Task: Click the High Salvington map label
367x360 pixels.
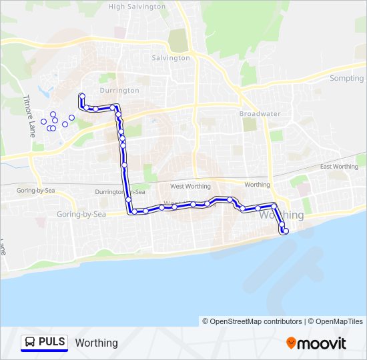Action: pos(137,7)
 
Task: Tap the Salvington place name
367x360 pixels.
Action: pos(171,58)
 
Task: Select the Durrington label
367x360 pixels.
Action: pos(119,90)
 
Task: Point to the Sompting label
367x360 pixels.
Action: pos(346,78)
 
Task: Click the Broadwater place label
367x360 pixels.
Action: pos(260,114)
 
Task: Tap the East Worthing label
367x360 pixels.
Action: pos(339,167)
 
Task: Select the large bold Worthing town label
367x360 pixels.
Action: pos(280,215)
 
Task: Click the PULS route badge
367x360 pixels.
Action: pos(45,343)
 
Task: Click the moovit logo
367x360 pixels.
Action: pos(316,343)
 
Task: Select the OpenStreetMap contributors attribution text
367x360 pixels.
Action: pos(252,321)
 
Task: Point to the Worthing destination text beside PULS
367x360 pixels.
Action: pos(97,343)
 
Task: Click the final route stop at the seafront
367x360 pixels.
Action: pos(285,232)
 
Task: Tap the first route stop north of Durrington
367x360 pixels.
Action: pos(81,95)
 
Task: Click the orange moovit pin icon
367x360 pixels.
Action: pos(292,343)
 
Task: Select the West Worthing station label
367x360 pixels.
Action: pos(190,187)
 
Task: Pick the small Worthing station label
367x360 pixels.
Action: pos(257,185)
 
